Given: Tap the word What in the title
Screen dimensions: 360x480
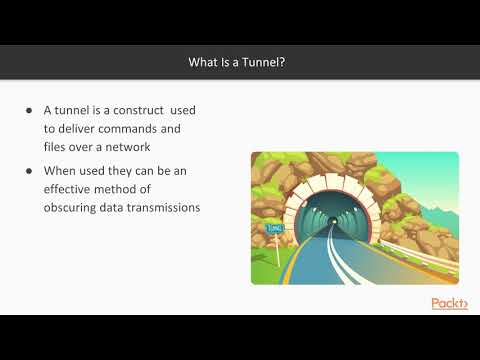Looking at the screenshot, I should tap(204, 63).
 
